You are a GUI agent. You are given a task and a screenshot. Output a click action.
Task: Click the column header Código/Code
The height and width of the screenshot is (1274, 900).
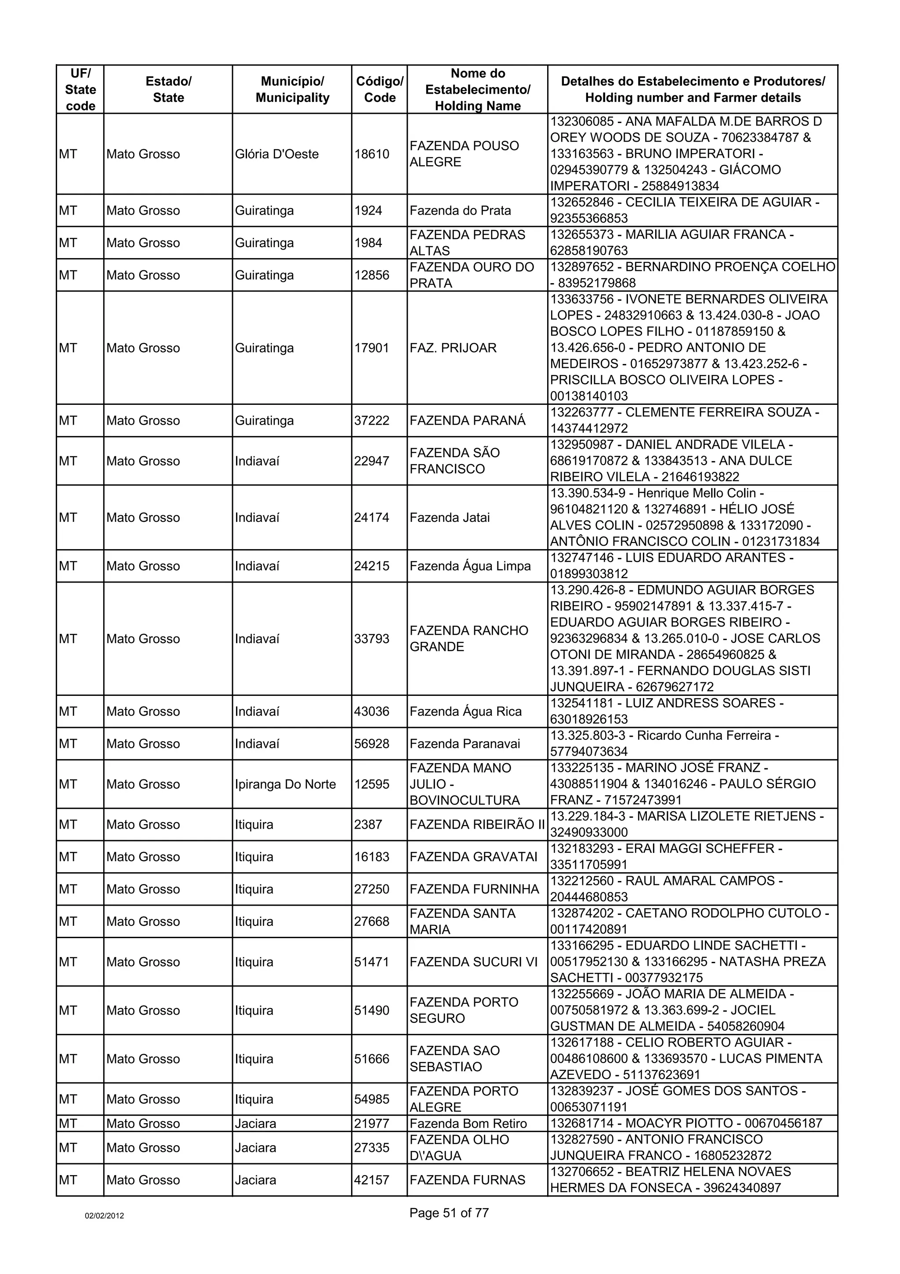tap(379, 89)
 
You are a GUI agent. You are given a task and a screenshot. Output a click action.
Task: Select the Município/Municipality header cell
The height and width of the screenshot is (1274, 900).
tap(292, 89)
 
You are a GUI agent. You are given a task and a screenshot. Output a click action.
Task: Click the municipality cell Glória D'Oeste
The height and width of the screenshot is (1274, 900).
tap(277, 154)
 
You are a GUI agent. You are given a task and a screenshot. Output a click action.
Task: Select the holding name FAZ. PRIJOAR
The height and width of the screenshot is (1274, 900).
tap(453, 348)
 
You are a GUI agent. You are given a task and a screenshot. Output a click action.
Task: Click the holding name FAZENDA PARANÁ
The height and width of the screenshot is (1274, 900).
tap(468, 421)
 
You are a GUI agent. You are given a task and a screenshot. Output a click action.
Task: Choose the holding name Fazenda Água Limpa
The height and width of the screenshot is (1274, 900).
tap(470, 566)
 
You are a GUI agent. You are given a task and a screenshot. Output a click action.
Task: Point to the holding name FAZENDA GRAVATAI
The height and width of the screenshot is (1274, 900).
tap(474, 857)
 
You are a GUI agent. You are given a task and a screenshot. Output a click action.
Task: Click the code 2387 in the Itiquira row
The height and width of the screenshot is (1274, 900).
tap(368, 825)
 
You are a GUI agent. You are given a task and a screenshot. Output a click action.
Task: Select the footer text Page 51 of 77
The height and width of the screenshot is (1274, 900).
tap(449, 1213)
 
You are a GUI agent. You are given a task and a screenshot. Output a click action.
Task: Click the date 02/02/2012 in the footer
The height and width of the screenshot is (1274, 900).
tap(104, 1216)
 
